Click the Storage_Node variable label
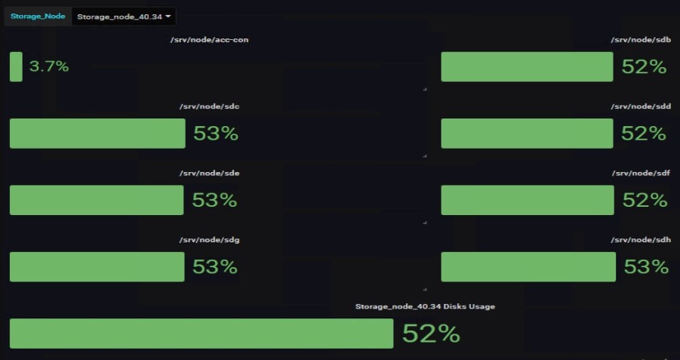pos(37,16)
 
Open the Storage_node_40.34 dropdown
pos(124,16)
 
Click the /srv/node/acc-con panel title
pos(209,40)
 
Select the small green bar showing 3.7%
pos(16,66)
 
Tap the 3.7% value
pos(49,66)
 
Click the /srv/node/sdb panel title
pos(641,40)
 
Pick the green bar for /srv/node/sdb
pos(527,66)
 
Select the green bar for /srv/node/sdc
pos(97,134)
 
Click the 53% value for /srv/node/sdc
pos(216,134)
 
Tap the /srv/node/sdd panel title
pos(641,106)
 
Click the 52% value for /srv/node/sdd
pos(644,134)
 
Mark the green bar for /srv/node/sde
pos(97,200)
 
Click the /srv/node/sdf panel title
pos(641,173)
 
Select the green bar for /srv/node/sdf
pos(528,200)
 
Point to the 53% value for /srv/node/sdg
pos(215,266)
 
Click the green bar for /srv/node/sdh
pos(528,266)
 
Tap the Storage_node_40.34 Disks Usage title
pos(425,306)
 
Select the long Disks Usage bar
pos(202,334)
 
